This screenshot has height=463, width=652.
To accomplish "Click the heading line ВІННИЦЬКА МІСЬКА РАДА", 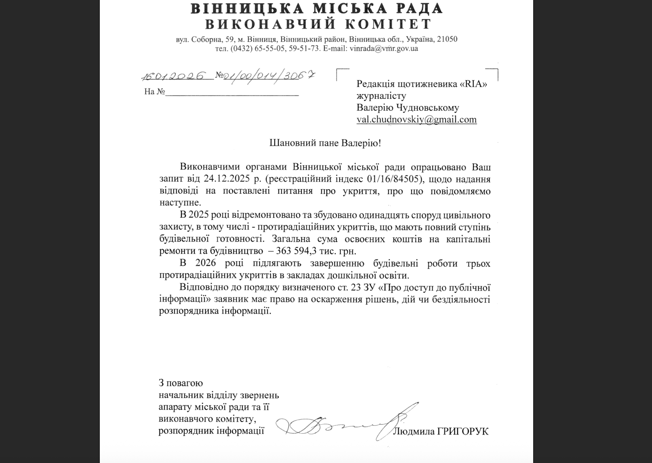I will point(316,9).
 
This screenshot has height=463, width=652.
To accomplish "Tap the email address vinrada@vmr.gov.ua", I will point(383,49).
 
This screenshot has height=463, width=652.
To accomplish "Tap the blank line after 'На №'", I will point(232,92).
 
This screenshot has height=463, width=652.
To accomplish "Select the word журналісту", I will point(381,96).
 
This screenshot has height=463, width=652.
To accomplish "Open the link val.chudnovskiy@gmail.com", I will point(416,120).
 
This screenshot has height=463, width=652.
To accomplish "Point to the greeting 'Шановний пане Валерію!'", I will point(325,143).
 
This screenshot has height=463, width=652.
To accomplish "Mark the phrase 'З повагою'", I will point(181,383).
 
